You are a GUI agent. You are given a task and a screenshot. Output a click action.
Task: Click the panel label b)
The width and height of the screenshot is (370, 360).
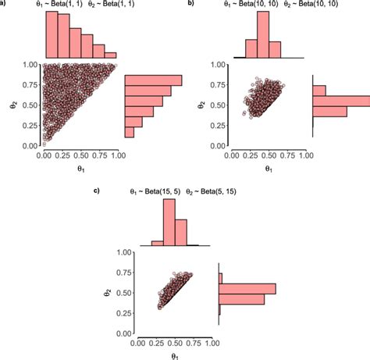[x=192, y=4]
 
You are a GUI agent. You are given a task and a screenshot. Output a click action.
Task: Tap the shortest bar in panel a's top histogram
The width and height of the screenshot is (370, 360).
[x=111, y=55]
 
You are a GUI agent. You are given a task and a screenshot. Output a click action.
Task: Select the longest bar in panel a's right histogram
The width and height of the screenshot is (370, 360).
[x=153, y=80]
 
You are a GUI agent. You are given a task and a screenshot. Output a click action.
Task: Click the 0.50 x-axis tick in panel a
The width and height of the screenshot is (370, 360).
[x=80, y=155]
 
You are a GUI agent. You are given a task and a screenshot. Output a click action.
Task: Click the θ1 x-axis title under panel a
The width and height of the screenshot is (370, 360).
[x=80, y=168]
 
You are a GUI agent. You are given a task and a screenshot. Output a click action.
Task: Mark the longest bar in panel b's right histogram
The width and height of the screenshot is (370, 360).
[x=341, y=100]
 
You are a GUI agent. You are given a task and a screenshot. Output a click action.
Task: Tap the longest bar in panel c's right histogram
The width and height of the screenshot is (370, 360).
[x=247, y=289]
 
